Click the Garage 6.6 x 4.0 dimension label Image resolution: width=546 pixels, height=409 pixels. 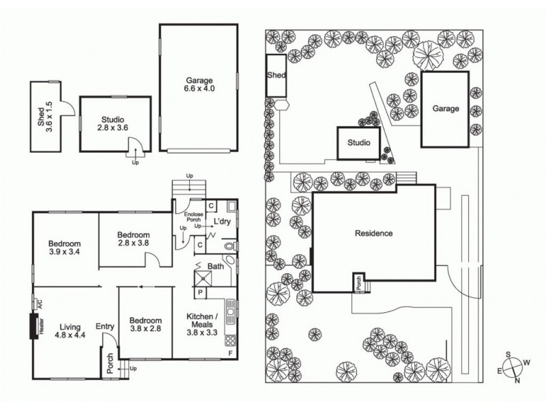pyautogui.click(x=199, y=84)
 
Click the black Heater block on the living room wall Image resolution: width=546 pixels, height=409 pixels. pyautogui.click(x=33, y=327)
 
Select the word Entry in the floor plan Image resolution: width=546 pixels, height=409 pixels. pyautogui.click(x=105, y=327)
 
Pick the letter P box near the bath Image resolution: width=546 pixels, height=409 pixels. pyautogui.click(x=201, y=293)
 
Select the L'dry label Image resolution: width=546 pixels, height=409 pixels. pyautogui.click(x=221, y=223)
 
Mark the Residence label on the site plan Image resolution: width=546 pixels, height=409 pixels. pyautogui.click(x=373, y=233)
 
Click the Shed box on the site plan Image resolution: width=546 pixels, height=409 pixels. pyautogui.click(x=276, y=76)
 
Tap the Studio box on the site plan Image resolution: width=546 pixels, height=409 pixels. pyautogui.click(x=358, y=143)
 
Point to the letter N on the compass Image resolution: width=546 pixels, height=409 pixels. pyautogui.click(x=517, y=380)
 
